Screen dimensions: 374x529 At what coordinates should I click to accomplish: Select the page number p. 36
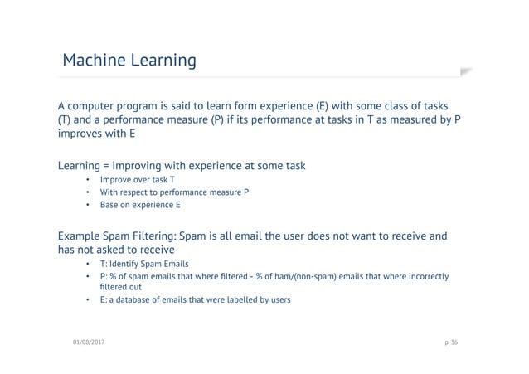click(456, 342)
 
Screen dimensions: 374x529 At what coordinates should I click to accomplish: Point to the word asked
click(123, 250)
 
